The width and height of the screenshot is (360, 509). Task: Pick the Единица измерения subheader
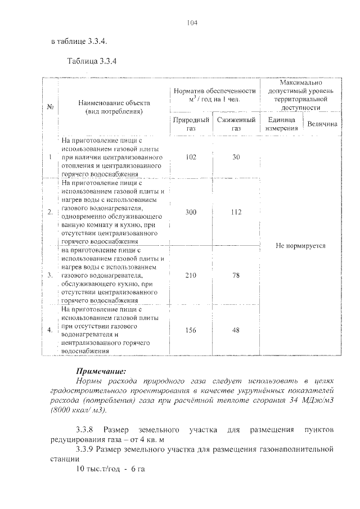pyautogui.click(x=281, y=124)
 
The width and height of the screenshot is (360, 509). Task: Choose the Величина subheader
pyautogui.click(x=322, y=124)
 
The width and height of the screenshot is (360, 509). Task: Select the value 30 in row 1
pyautogui.click(x=236, y=157)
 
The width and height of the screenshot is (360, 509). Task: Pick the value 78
pyautogui.click(x=236, y=276)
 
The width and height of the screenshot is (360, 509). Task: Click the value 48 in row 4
pyautogui.click(x=236, y=330)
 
